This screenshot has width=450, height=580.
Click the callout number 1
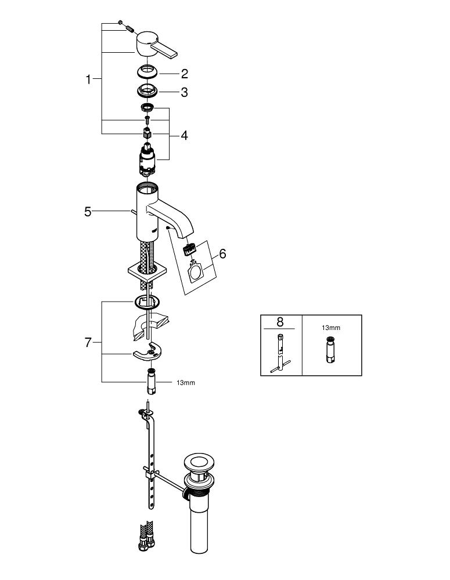tap(88, 79)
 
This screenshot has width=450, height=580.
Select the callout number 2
tap(185, 74)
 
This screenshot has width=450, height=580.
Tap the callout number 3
tap(185, 92)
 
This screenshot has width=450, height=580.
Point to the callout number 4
tap(184, 136)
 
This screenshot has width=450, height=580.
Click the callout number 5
tap(88, 212)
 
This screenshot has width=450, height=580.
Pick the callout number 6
tap(222, 254)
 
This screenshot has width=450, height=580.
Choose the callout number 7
tap(88, 343)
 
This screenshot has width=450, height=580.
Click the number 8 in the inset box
tap(280, 322)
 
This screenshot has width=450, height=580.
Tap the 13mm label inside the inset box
tap(331, 328)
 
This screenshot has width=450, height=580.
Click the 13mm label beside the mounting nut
tap(186, 383)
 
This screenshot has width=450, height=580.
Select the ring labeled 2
tap(147, 71)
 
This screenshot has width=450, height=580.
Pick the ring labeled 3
tap(147, 90)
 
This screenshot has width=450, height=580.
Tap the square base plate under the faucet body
tap(147, 272)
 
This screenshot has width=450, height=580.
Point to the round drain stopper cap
tap(199, 463)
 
